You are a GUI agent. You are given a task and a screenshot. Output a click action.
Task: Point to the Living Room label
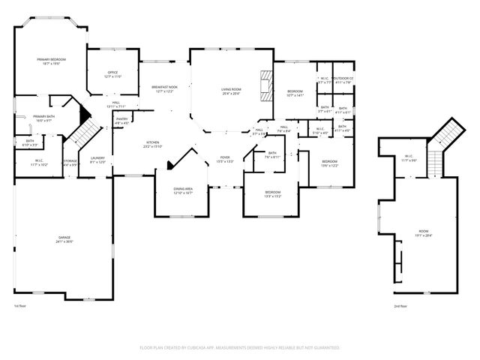click(231, 91)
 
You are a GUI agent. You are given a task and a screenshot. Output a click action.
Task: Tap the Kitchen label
click(152, 144)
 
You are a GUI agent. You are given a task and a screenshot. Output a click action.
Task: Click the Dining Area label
click(184, 191)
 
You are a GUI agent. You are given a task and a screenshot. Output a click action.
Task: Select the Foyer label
click(225, 159)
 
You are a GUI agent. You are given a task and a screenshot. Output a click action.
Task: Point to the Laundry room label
click(97, 160)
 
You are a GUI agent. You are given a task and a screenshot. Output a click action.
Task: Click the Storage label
click(70, 163)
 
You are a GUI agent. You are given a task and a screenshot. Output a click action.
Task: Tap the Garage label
click(64, 240)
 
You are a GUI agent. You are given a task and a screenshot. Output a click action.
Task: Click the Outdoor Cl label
click(343, 79)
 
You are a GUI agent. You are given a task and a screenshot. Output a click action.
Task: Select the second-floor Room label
click(424, 232)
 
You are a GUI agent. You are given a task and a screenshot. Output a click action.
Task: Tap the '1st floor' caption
click(19, 306)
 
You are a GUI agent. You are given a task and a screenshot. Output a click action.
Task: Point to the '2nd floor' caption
click(401, 306)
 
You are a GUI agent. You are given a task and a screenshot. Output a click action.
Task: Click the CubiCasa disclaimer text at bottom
click(240, 348)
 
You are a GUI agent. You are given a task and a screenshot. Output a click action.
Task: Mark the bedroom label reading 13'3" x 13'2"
click(272, 194)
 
